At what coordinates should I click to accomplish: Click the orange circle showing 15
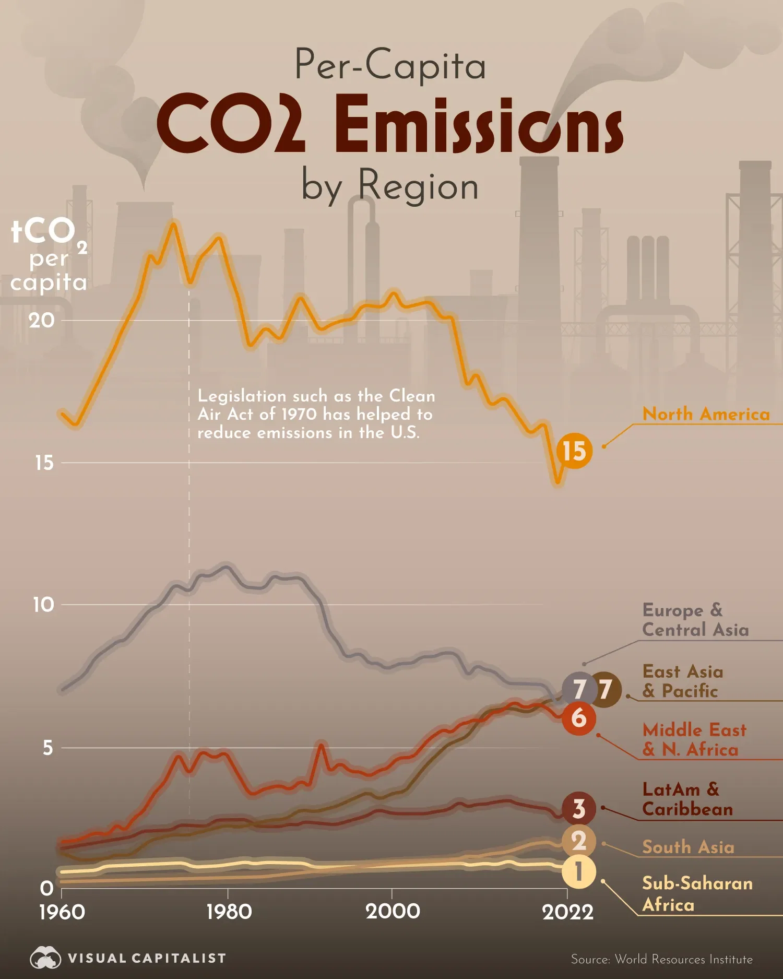[x=574, y=451]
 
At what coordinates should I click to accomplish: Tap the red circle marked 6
[x=578, y=718]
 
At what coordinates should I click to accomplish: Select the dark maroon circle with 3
[x=578, y=809]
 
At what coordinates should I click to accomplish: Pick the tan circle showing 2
[x=578, y=841]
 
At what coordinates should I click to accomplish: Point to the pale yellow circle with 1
[x=578, y=872]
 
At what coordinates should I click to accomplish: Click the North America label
[x=706, y=414]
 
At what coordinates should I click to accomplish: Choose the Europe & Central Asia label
[x=695, y=620]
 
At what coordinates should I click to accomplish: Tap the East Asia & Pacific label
[x=682, y=681]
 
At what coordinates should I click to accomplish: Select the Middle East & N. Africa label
[x=694, y=739]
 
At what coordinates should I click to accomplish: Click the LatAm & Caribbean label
[x=687, y=799]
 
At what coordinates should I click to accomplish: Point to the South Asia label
[x=688, y=847]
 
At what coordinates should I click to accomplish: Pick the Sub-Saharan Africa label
[x=697, y=893]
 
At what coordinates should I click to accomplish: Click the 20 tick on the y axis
[x=42, y=320]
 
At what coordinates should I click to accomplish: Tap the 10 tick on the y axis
[x=43, y=605]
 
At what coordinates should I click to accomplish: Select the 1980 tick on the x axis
[x=229, y=912]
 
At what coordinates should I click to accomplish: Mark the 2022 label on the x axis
[x=567, y=912]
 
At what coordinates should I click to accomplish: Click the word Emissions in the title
[x=478, y=125]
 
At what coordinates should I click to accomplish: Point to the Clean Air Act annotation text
[x=316, y=414]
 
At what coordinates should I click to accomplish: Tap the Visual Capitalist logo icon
[x=45, y=958]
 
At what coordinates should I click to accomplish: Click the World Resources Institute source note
[x=661, y=959]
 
